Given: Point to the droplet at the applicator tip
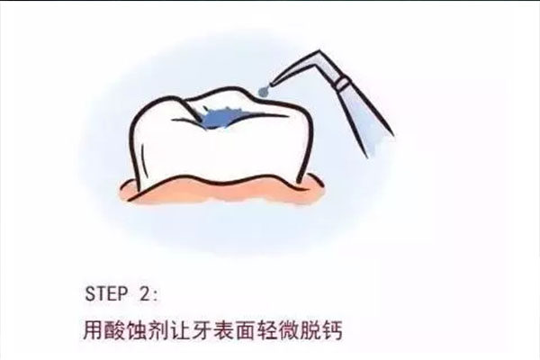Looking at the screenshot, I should [261, 91].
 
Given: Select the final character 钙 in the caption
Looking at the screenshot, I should [345, 328].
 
